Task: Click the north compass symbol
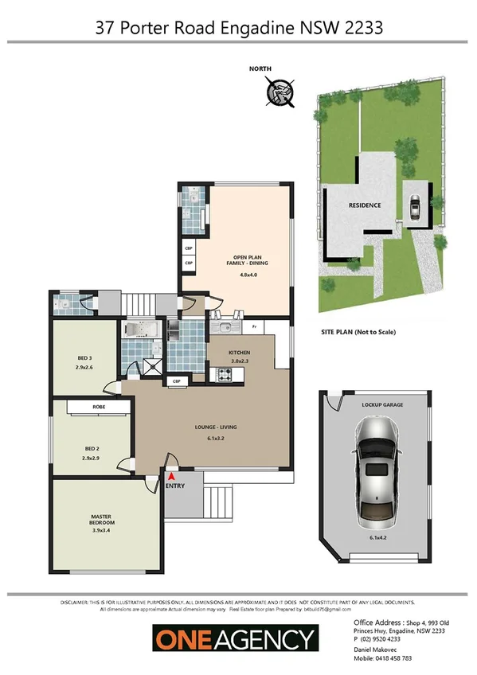coord(280,91)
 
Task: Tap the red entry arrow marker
coord(170,475)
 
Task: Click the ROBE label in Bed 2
coord(99,407)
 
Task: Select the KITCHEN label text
coord(240,352)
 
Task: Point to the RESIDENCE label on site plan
coord(364,205)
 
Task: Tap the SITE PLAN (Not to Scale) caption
coord(358,332)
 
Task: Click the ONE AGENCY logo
coord(235,638)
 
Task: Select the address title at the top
coord(239,28)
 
